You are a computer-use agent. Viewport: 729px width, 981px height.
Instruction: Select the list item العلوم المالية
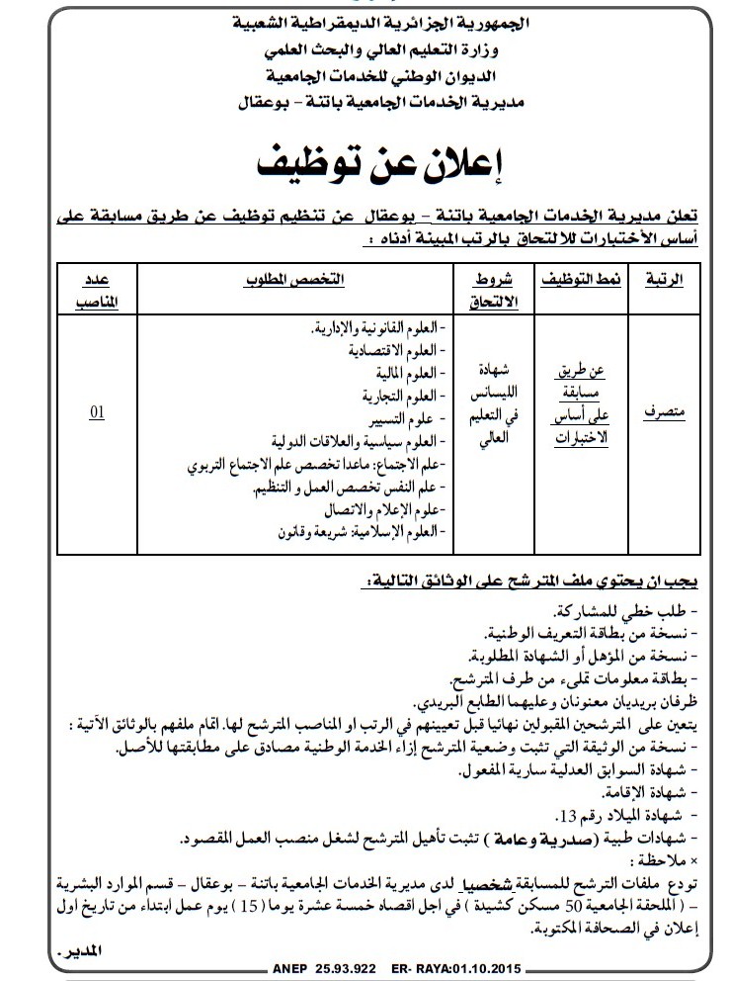407,374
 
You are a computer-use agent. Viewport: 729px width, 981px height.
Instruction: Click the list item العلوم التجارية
401,397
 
